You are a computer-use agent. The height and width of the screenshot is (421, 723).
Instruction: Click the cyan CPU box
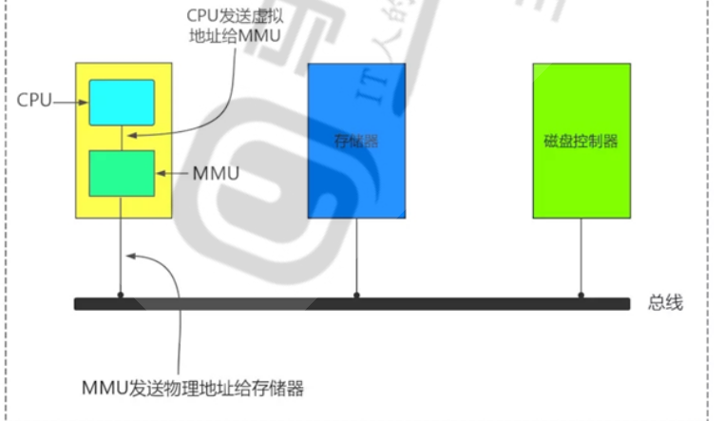[122, 103]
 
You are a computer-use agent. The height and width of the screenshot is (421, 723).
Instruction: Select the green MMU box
[122, 173]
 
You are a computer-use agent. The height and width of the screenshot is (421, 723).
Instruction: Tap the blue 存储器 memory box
[356, 141]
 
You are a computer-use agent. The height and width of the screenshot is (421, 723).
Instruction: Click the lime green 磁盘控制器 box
[581, 141]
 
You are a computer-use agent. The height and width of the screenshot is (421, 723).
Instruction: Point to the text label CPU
[34, 99]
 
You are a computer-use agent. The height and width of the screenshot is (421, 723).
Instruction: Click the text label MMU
[216, 174]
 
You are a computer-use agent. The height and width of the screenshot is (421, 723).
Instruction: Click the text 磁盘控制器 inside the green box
[581, 141]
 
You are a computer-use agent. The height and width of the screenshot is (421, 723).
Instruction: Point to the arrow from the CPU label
[71, 100]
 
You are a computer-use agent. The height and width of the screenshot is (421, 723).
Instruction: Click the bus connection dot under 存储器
[356, 296]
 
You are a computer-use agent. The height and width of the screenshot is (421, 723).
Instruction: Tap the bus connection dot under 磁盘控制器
[581, 296]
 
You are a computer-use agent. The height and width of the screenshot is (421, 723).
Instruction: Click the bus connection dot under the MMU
[122, 296]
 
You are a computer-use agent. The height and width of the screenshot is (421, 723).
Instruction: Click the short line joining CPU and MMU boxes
[122, 138]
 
